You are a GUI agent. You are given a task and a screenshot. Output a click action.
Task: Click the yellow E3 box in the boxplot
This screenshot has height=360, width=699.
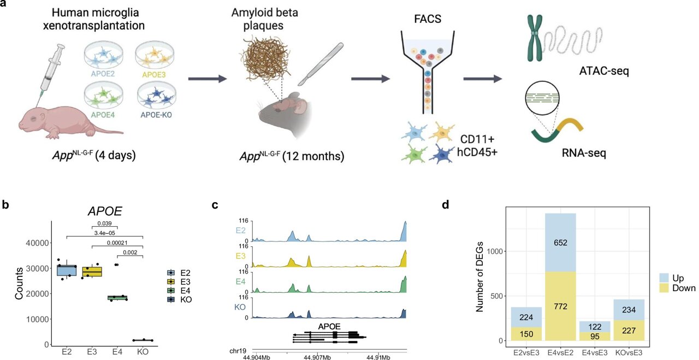92,272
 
